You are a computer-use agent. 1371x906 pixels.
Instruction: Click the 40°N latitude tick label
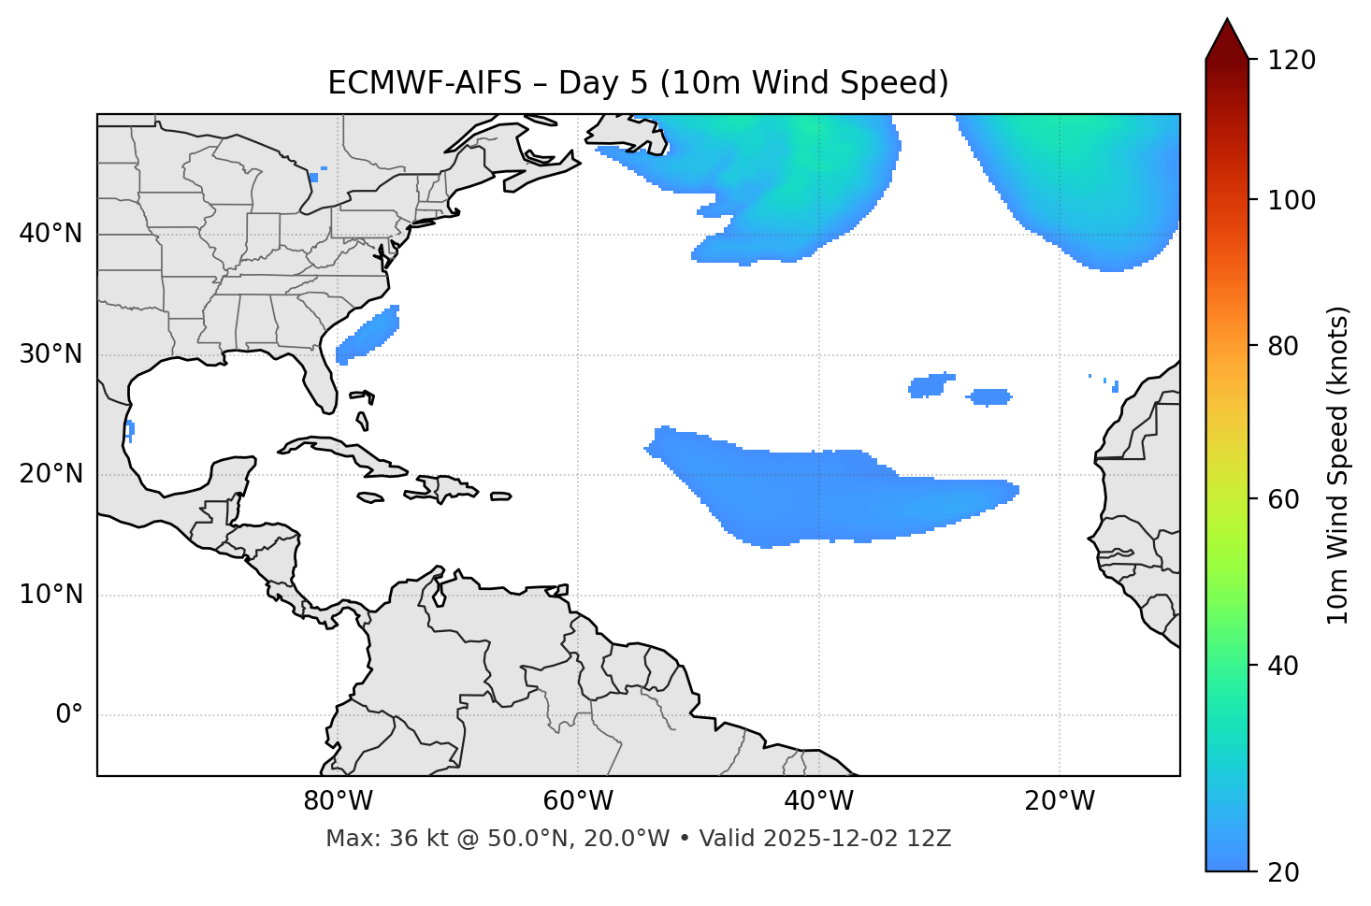(x=51, y=234)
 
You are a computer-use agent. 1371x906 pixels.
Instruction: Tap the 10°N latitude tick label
(x=51, y=595)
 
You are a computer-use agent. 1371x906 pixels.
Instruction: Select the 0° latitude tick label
(x=69, y=715)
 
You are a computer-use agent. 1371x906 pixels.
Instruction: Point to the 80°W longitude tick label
(x=338, y=801)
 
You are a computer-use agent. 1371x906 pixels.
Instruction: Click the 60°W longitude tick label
(x=578, y=801)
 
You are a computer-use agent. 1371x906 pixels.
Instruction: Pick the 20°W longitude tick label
(x=1060, y=801)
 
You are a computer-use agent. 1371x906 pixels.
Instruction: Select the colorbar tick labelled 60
(x=1292, y=499)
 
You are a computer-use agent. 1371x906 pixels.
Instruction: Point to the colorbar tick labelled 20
(x=1292, y=872)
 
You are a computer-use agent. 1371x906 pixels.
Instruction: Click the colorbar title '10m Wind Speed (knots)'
(x=1338, y=465)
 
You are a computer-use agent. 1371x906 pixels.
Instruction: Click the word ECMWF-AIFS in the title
(x=424, y=83)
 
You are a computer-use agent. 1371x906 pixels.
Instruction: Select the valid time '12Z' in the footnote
(x=932, y=839)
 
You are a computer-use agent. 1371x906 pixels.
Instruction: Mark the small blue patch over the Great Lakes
(x=313, y=177)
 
